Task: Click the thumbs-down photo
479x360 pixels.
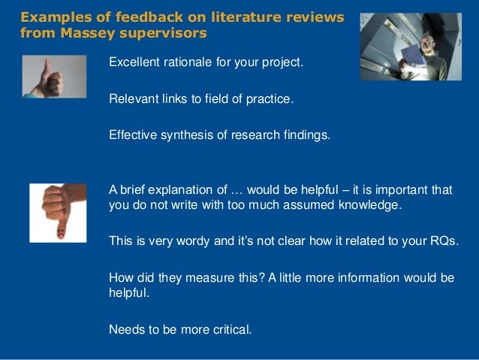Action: tap(58, 213)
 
